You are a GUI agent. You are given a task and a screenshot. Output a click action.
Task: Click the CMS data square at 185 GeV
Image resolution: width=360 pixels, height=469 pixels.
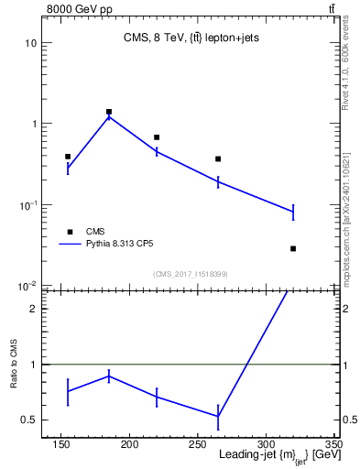pyautogui.click(x=109, y=112)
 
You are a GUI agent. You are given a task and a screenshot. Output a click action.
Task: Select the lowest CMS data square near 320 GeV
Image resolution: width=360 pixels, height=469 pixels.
pyautogui.click(x=293, y=248)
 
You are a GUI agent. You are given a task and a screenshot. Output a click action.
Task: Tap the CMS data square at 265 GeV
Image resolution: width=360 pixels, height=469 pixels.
pyautogui.click(x=218, y=158)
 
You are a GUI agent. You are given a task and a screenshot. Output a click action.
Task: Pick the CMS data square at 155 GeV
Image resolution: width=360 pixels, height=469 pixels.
pyautogui.click(x=68, y=157)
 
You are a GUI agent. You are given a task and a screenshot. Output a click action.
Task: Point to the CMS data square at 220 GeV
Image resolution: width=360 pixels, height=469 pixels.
pyautogui.click(x=157, y=137)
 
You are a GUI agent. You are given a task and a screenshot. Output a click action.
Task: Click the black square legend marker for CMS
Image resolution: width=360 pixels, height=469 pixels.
pyautogui.click(x=69, y=232)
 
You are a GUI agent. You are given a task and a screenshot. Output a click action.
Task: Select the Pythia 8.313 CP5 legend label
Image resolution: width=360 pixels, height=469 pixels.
pyautogui.click(x=125, y=245)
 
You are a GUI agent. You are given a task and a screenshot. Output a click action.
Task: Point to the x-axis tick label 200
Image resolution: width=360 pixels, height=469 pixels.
pyautogui.click(x=129, y=446)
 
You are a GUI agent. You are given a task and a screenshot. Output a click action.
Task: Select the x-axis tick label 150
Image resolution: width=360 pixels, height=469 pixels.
pyautogui.click(x=61, y=446)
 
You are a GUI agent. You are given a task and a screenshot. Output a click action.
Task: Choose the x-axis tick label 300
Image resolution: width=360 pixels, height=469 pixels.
pyautogui.click(x=265, y=446)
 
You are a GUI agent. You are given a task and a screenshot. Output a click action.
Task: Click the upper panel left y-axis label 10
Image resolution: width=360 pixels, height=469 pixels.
pyautogui.click(x=31, y=43)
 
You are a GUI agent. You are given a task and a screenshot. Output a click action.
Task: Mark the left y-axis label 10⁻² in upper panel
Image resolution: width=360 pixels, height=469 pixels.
pyautogui.click(x=28, y=287)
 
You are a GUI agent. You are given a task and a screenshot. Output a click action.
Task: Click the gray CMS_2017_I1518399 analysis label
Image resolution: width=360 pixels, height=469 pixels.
pyautogui.click(x=190, y=274)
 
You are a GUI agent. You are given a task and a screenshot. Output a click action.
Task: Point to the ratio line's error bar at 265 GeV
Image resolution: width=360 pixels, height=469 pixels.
pyautogui.click(x=218, y=417)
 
